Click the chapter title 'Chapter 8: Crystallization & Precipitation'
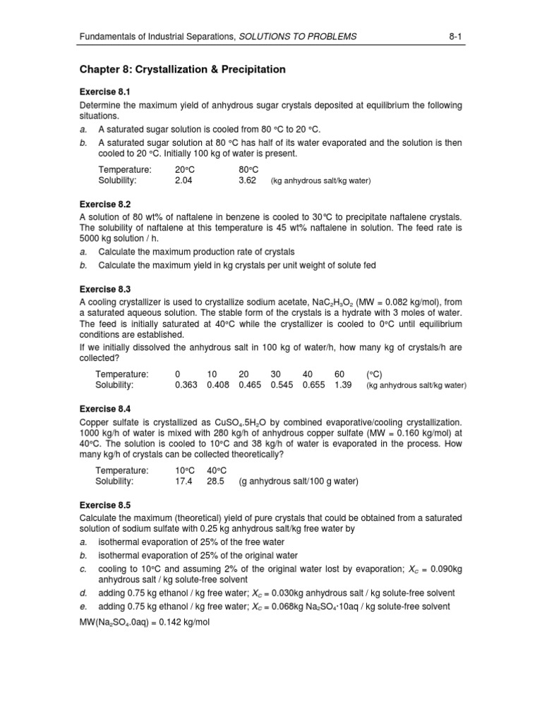click(182, 70)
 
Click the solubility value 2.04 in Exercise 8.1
click(183, 180)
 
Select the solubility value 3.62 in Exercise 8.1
click(248, 180)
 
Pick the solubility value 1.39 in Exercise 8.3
click(345, 385)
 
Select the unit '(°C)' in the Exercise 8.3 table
click(374, 374)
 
